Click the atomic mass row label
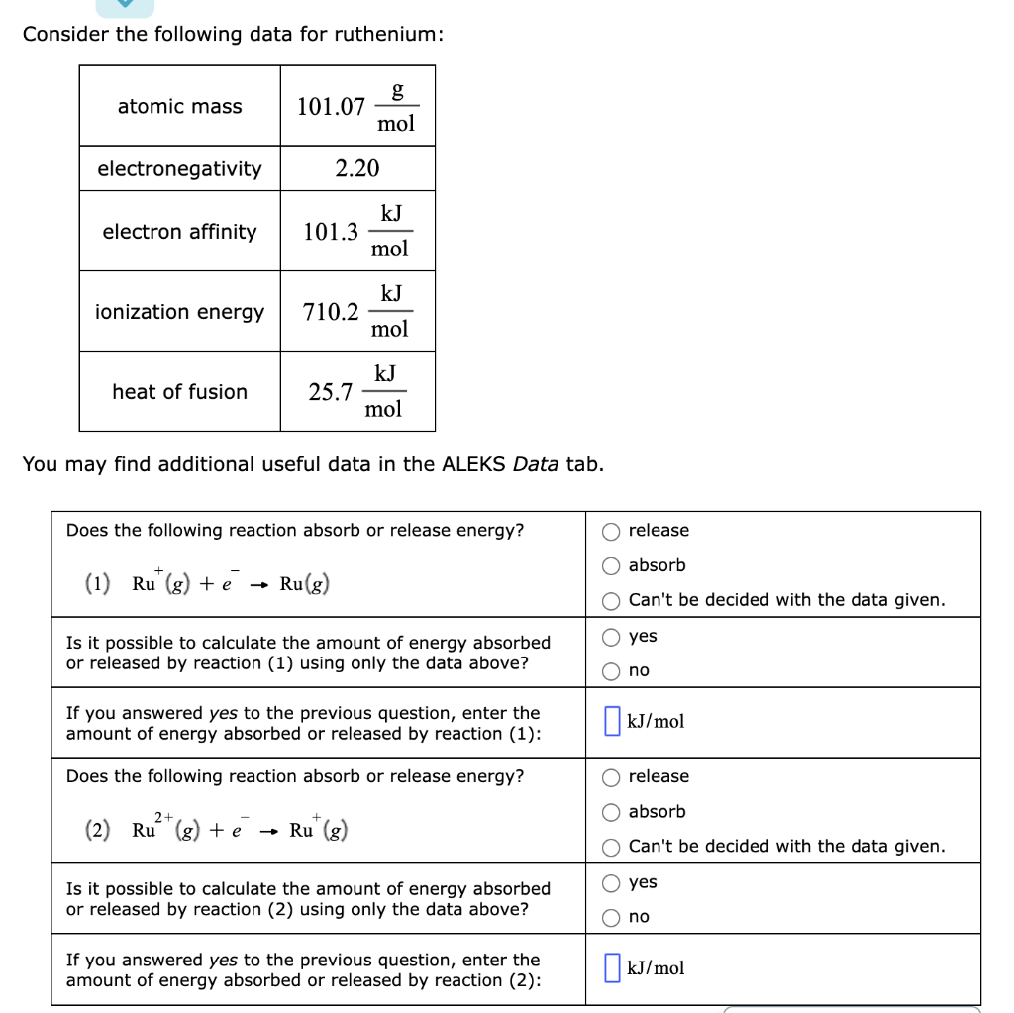pos(179,107)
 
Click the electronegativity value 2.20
pos(356,168)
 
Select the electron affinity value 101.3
pos(331,232)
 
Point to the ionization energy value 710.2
pos(331,312)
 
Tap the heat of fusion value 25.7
pos(331,392)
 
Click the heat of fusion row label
pos(179,392)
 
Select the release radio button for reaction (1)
pos(612,531)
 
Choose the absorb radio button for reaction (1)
pos(612,566)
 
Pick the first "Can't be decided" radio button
pos(612,601)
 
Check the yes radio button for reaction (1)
pos(612,637)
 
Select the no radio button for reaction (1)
pos(612,671)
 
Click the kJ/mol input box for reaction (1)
pos(612,721)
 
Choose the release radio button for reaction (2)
pos(612,777)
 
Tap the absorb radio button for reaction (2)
pos(612,812)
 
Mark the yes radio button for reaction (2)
pos(612,882)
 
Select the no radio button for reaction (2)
pos(612,918)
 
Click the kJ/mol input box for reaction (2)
pos(612,967)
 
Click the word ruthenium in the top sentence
pos(384,35)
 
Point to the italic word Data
pos(536,464)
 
